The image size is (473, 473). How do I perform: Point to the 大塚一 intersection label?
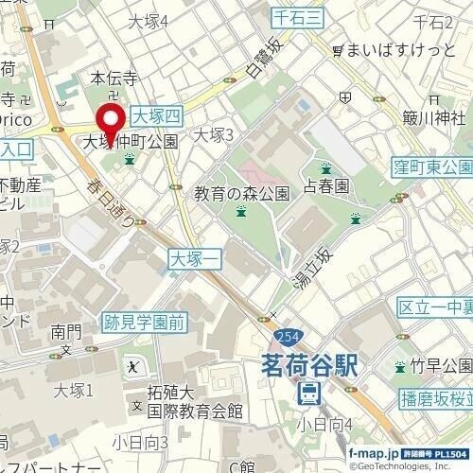point(194,256)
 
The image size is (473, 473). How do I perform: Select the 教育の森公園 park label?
point(241,194)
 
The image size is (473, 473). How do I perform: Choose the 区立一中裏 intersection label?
point(434,309)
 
